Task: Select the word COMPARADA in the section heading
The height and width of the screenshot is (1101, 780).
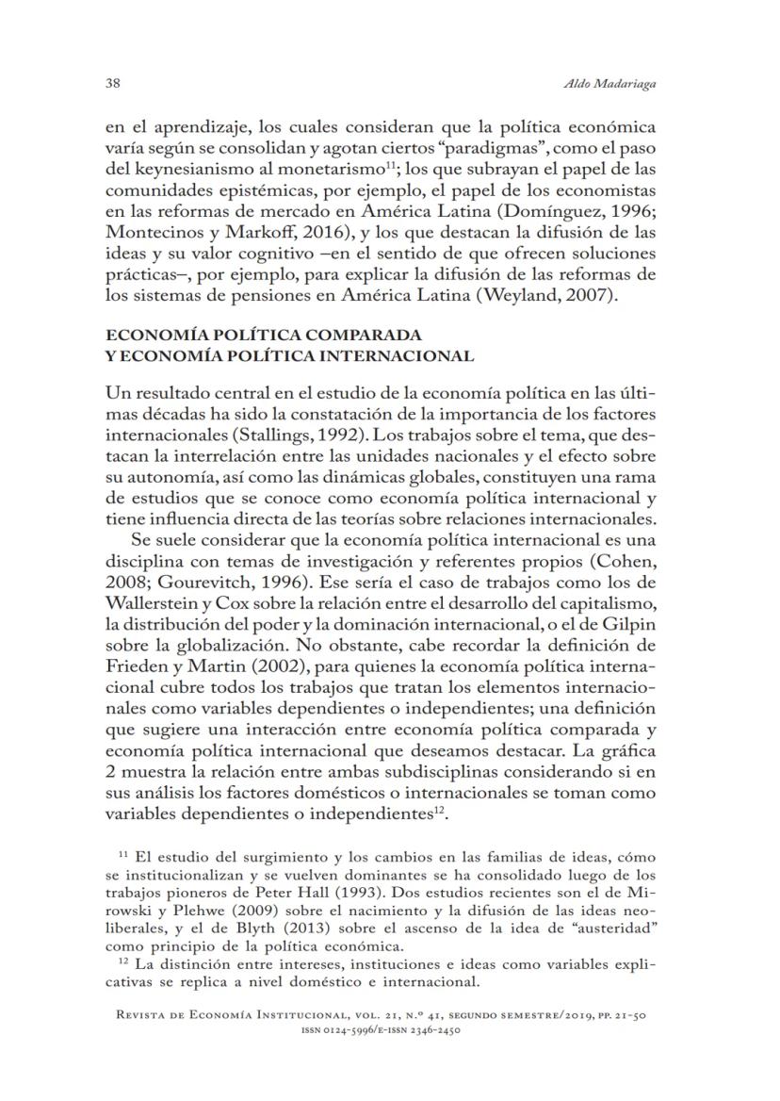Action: click(x=342, y=335)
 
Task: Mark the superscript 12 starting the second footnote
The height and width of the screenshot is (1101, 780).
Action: click(x=123, y=962)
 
